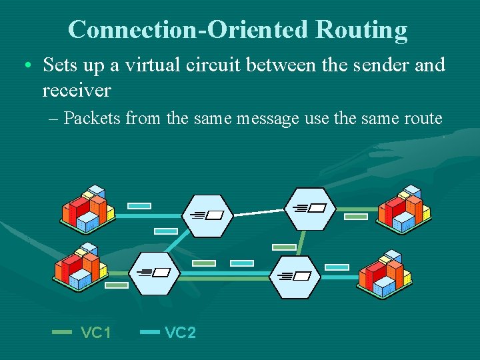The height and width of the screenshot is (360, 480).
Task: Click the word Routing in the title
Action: click(x=361, y=30)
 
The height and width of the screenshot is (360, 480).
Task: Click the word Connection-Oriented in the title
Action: click(x=189, y=30)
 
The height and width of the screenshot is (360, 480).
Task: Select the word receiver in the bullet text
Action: click(x=76, y=89)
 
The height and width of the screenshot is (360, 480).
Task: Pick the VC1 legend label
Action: click(x=96, y=332)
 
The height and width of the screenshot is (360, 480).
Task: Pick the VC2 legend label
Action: click(x=180, y=332)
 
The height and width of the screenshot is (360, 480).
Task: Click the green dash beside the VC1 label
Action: click(x=62, y=331)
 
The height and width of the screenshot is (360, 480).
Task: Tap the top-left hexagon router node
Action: click(x=207, y=215)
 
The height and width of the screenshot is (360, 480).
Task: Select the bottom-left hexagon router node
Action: click(x=155, y=273)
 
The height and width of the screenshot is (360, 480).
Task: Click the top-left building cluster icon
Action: click(x=88, y=208)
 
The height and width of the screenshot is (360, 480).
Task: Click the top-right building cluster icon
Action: click(x=404, y=208)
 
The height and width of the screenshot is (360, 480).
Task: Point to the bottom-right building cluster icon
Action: click(x=385, y=273)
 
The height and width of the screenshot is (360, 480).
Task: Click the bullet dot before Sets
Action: click(x=26, y=66)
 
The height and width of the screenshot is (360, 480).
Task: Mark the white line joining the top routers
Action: click(x=259, y=212)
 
